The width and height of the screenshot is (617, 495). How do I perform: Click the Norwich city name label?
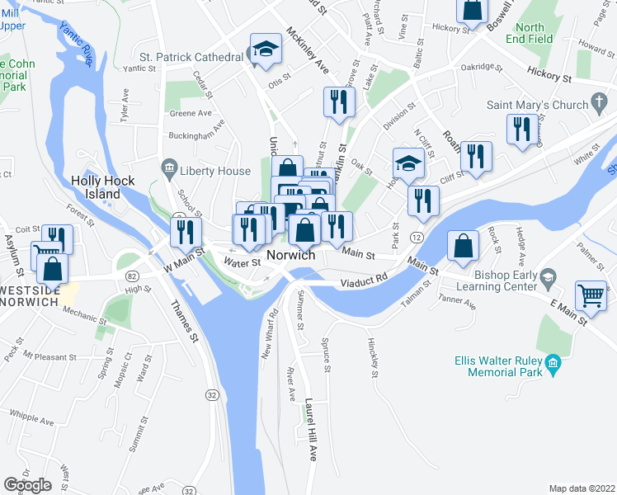[290, 255]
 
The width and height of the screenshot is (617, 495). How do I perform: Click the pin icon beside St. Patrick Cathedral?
[250, 56]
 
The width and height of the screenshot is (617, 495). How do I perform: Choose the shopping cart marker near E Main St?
[591, 296]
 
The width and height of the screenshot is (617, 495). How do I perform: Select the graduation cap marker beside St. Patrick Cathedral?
[266, 49]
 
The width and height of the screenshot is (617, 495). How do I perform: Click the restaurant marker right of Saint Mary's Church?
[521, 130]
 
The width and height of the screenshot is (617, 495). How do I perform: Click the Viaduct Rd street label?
[364, 282]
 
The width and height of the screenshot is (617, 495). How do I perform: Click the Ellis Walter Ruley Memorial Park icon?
[553, 362]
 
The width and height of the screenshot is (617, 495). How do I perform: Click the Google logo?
[27, 484]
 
